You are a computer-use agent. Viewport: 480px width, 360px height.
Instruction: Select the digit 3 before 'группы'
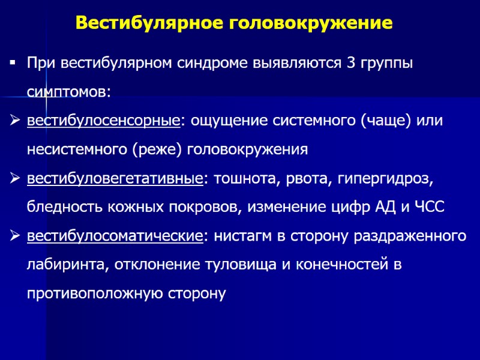coord(351,64)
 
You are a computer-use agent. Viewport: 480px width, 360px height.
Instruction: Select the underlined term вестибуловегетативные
coord(114,178)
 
